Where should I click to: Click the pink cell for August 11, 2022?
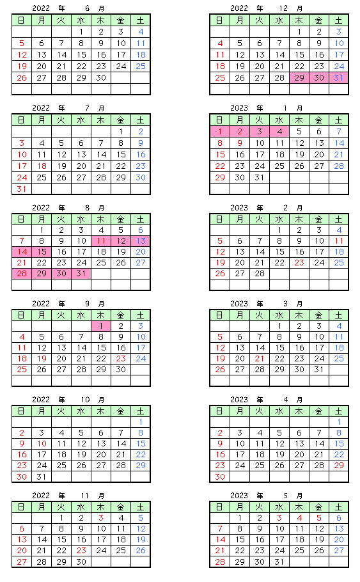tap(101, 241)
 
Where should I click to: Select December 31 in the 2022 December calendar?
tap(338, 77)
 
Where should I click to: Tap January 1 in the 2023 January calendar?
tap(220, 131)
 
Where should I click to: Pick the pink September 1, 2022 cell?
tap(101, 326)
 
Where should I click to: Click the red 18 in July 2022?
tap(42, 166)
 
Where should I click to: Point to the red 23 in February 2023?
tap(299, 262)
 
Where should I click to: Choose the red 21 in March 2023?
tap(260, 359)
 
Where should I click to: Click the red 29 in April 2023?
tap(339, 465)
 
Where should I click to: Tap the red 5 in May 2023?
tap(319, 518)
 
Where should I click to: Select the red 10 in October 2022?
tap(42, 444)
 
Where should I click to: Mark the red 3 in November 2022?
tap(101, 518)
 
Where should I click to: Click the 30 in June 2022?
tap(101, 77)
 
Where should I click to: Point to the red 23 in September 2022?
tap(121, 359)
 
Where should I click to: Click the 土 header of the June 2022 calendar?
tap(141, 20)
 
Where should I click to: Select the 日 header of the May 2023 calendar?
tap(220, 507)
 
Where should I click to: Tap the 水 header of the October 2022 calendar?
tap(81, 411)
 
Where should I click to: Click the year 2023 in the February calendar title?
tap(239, 208)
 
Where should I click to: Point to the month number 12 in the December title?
tap(283, 8)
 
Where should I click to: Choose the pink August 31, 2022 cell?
tap(81, 274)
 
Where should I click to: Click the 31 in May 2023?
tap(279, 562)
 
